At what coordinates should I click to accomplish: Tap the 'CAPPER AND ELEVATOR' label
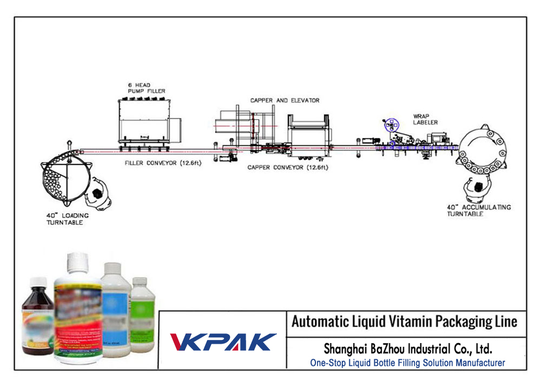pyautogui.click(x=285, y=100)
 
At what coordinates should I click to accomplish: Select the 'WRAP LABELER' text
pyautogui.click(x=425, y=119)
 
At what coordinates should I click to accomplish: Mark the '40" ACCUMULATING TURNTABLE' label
pyautogui.click(x=478, y=211)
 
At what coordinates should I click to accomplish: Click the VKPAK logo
pyautogui.click(x=223, y=342)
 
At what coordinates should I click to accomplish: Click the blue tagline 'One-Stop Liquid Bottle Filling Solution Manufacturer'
pyautogui.click(x=407, y=363)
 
